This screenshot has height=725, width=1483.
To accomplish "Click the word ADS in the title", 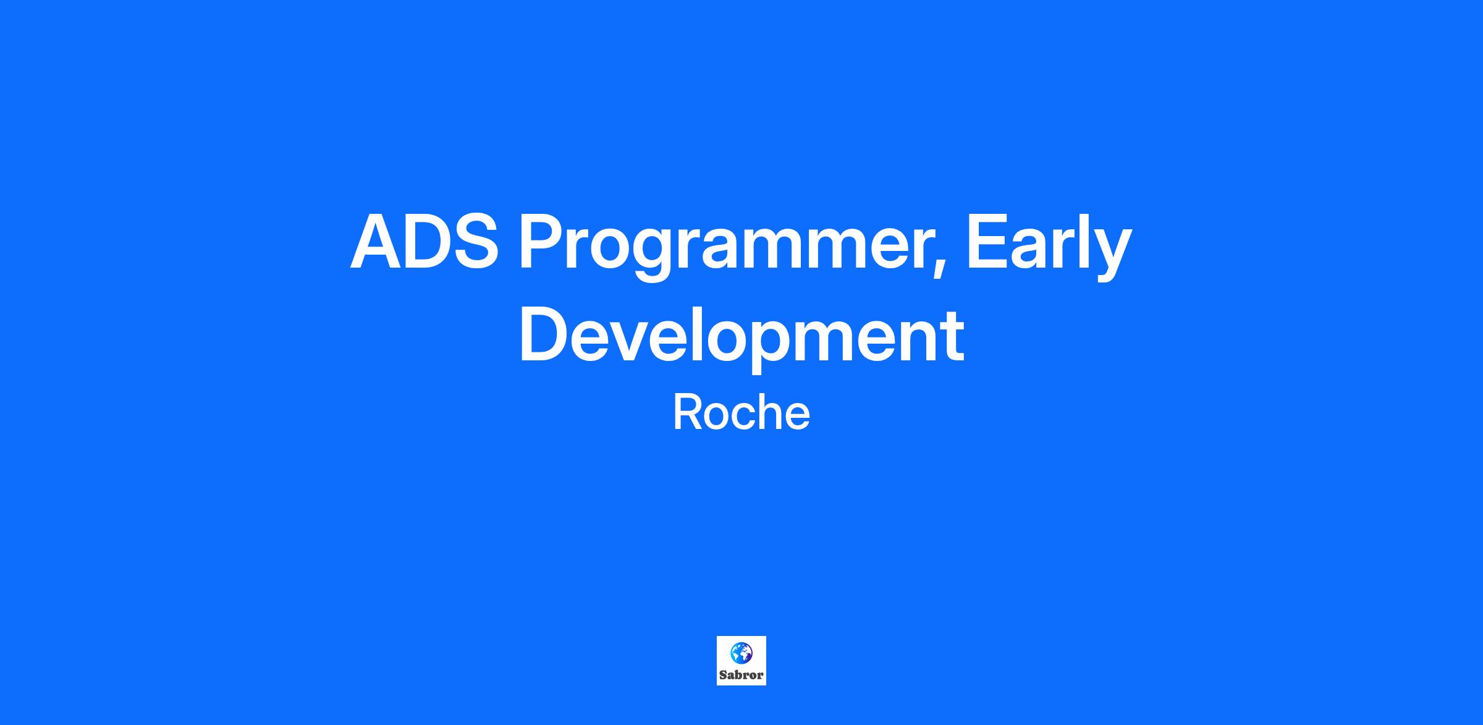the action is pyautogui.click(x=424, y=242).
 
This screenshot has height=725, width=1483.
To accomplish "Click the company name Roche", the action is pyautogui.click(x=741, y=413).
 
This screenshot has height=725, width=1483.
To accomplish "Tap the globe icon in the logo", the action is pyautogui.click(x=741, y=652).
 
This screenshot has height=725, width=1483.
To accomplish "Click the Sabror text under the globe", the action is pyautogui.click(x=741, y=675).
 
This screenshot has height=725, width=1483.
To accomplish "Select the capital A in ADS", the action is pyautogui.click(x=377, y=242).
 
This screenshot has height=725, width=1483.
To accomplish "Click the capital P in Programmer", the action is pyautogui.click(x=542, y=242).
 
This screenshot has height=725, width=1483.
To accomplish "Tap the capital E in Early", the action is pyautogui.click(x=987, y=242).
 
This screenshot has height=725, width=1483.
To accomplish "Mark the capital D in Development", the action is pyautogui.click(x=544, y=334).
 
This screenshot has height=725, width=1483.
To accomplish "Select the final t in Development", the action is pyautogui.click(x=952, y=337).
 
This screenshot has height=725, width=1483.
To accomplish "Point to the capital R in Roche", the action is pyautogui.click(x=686, y=413).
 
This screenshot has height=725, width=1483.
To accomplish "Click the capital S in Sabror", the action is pyautogui.click(x=723, y=675).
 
